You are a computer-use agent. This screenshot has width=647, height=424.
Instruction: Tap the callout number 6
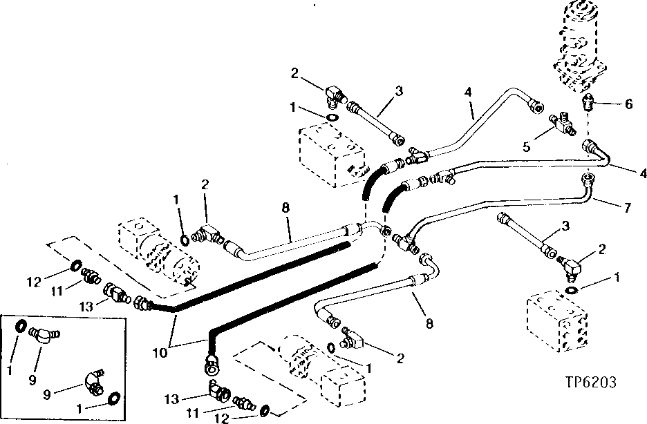(628, 104)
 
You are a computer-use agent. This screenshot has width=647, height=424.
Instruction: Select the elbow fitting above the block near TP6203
(572, 266)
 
